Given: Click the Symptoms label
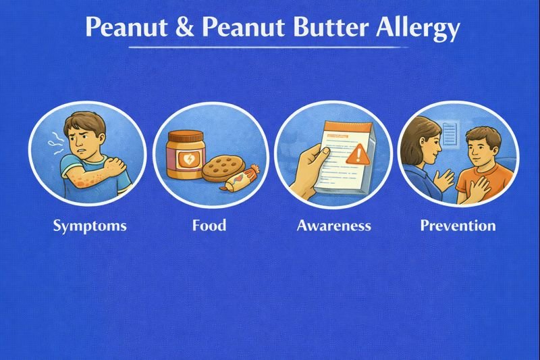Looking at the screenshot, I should point(90,225).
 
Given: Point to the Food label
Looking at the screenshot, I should point(209,225).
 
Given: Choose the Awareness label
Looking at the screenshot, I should point(333,225).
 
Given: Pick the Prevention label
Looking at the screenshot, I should point(458,225).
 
